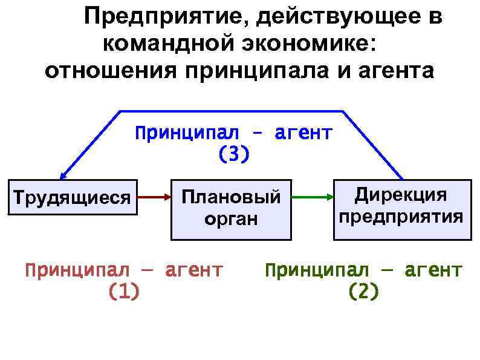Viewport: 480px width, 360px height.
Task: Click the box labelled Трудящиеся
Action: click(x=72, y=197)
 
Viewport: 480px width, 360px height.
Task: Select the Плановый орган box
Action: click(x=231, y=209)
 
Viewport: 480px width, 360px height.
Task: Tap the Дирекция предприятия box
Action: click(x=401, y=209)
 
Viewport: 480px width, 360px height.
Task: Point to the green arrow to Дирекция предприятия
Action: click(x=312, y=197)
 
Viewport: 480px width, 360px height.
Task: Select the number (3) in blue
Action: click(x=233, y=155)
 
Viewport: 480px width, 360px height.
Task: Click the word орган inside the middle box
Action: click(x=231, y=219)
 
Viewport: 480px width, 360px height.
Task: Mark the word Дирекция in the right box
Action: click(x=401, y=195)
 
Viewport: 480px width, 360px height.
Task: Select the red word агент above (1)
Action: click(x=193, y=270)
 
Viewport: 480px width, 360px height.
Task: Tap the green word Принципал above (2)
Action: click(x=316, y=270)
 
